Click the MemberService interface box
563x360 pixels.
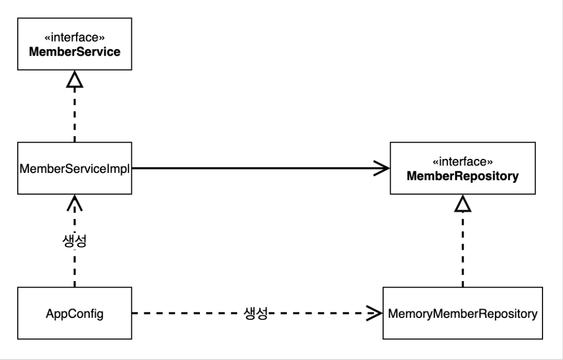(75, 44)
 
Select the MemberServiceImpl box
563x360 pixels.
(75, 168)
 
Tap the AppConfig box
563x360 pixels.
(75, 313)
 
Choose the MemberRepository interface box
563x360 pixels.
(463, 168)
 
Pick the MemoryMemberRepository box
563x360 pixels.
(463, 313)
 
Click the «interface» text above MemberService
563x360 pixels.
(75, 37)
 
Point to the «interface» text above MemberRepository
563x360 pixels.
(463, 162)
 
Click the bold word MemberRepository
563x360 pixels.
(463, 176)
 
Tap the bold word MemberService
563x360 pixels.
(75, 52)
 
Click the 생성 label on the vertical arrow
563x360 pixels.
(75, 241)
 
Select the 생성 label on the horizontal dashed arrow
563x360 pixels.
(256, 314)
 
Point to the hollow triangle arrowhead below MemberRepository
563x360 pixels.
(463, 203)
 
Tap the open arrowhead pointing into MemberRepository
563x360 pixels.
(381, 168)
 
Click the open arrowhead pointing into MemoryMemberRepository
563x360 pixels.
(374, 314)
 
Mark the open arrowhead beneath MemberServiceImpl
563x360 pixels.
(75, 203)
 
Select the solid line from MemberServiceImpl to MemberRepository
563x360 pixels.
(261, 168)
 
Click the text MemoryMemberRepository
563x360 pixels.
(463, 314)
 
